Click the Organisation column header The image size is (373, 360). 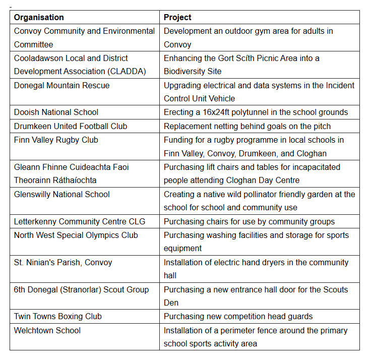39,17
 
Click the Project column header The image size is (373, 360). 177,17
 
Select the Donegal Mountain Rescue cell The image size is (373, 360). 61,85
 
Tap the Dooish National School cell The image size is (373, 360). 56,112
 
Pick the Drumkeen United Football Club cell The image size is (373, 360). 71,126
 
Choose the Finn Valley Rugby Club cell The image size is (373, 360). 56,140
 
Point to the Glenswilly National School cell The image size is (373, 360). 62,194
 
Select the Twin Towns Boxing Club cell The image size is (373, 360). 58,316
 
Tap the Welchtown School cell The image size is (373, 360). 47,330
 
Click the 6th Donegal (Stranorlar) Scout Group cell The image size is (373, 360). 81,289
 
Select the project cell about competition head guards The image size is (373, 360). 238,316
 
